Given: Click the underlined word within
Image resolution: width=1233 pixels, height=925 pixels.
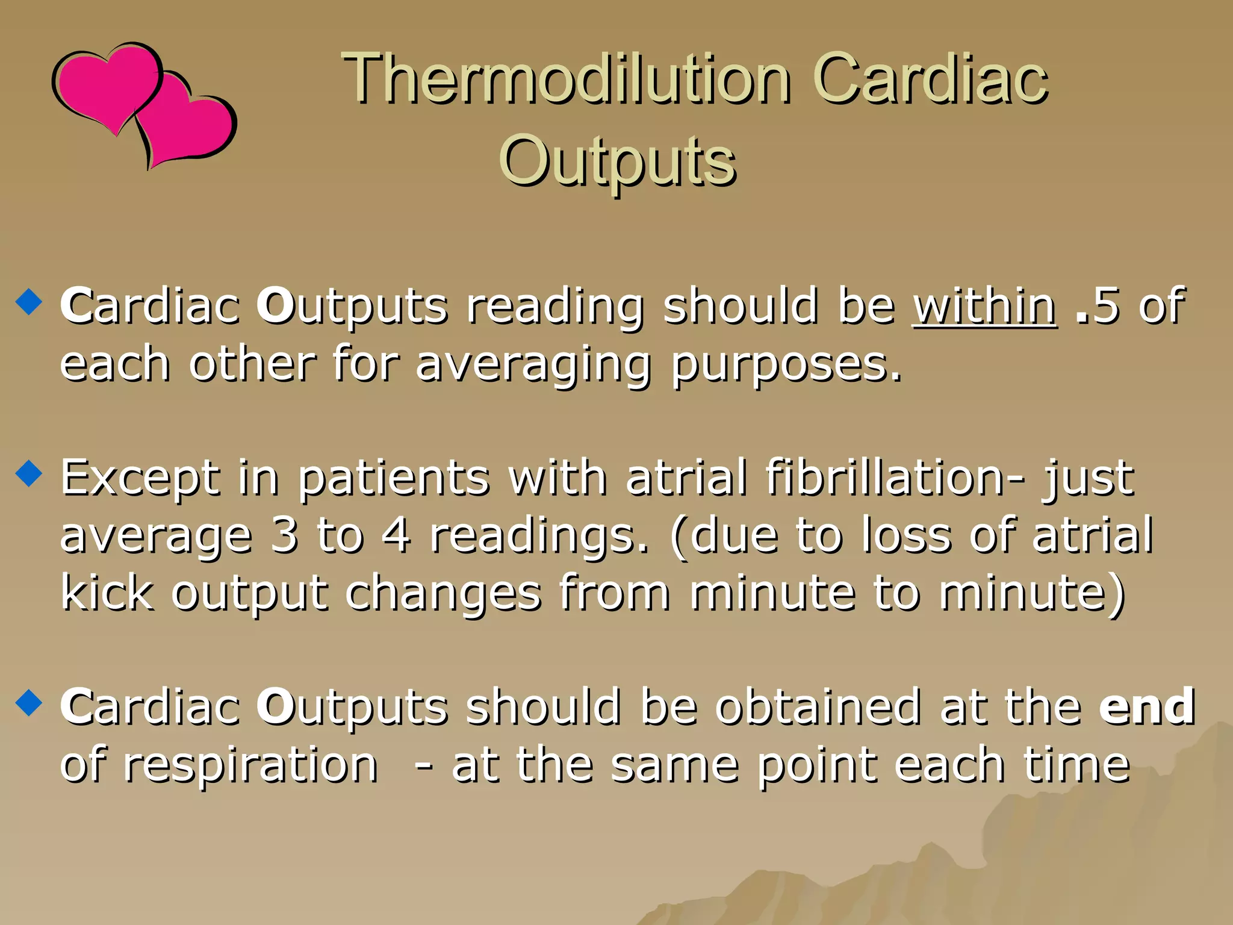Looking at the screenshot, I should click(984, 306).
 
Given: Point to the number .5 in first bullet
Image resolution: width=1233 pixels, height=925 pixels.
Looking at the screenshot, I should click(1097, 306).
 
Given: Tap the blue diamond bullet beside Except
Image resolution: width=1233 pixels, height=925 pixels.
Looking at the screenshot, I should click(29, 473).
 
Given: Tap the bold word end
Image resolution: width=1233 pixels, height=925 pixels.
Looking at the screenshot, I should click(1147, 706).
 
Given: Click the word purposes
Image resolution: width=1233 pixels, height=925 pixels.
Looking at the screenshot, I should click(786, 364).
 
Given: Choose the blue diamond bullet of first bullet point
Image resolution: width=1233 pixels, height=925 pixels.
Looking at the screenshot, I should click(29, 302).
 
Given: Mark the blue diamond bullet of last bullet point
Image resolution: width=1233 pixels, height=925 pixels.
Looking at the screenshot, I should click(29, 702).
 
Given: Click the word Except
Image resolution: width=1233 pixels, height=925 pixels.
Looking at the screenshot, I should click(140, 477).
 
